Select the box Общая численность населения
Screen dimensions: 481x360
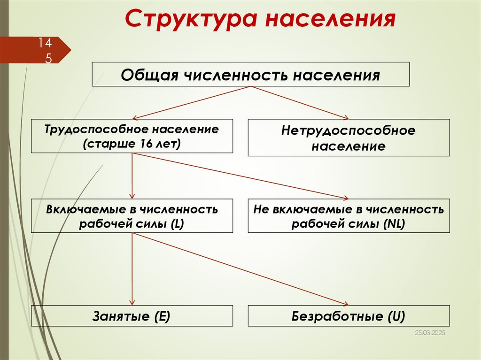[x=250, y=74]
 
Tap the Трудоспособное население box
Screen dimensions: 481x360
[x=132, y=136]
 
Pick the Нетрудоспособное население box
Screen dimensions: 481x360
[x=349, y=138]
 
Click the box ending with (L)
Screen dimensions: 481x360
[x=132, y=216]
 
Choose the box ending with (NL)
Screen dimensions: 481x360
[x=349, y=216]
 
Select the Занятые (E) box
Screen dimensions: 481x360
[x=132, y=316]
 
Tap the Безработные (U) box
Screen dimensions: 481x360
[x=349, y=316]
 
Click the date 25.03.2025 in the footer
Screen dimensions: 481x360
[x=429, y=332]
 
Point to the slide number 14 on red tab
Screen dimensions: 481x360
[x=45, y=43]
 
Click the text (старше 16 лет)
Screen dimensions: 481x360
[x=132, y=143]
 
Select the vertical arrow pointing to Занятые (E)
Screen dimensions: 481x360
[x=132, y=268]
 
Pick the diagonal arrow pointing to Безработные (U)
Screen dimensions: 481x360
[x=244, y=270]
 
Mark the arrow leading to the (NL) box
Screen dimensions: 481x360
[x=244, y=176]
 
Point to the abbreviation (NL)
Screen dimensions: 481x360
[x=394, y=223]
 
